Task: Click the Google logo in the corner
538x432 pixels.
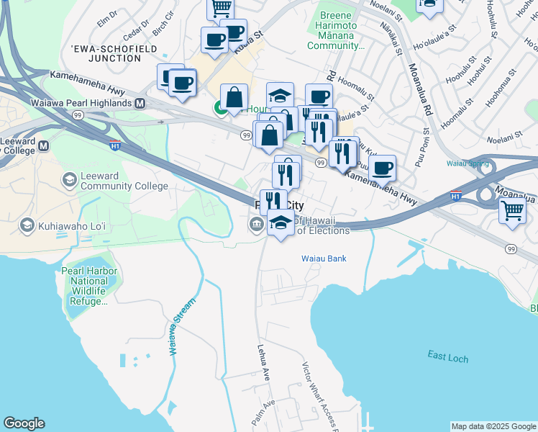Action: [24, 423]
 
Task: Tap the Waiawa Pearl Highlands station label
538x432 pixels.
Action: [81, 103]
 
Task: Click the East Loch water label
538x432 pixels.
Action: [447, 356]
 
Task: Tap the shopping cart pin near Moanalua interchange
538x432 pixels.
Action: [512, 211]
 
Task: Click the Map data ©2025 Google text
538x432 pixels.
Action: [493, 426]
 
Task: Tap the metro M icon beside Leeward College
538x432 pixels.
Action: [44, 145]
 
